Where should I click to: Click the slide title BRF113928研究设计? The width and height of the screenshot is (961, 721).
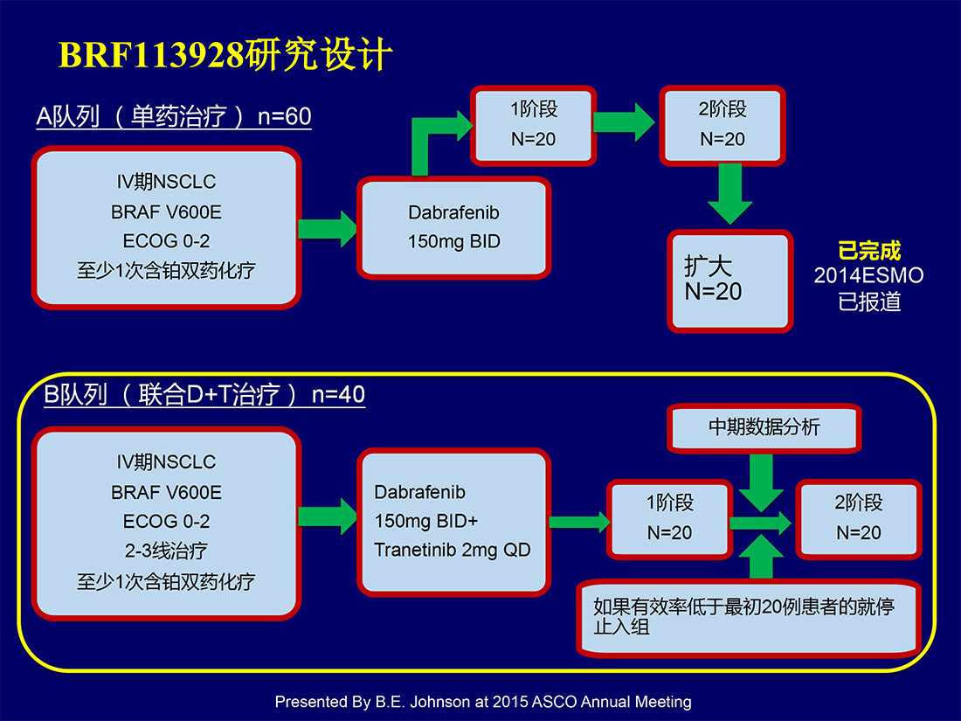tap(225, 54)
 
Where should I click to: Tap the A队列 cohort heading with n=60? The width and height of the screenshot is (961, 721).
tap(174, 116)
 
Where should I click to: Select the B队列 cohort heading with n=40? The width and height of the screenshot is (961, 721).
tap(204, 394)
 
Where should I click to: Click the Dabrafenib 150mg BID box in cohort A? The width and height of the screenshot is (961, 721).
tap(453, 227)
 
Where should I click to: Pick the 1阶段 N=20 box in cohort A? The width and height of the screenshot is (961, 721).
tap(533, 125)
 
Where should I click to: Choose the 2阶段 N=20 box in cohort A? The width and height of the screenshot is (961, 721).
tap(722, 125)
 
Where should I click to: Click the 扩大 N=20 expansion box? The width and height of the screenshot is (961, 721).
tap(730, 281)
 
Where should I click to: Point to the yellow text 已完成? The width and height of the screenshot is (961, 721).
tap(869, 251)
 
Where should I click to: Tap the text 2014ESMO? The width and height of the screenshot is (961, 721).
tap(868, 275)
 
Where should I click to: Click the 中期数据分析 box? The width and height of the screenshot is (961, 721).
tap(764, 428)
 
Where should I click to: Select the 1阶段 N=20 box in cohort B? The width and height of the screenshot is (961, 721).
tap(669, 518)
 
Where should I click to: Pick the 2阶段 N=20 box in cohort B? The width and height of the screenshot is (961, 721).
tap(858, 518)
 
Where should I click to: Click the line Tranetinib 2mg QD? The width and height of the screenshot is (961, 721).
tap(453, 550)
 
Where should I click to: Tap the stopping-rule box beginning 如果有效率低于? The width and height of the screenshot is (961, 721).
tap(749, 617)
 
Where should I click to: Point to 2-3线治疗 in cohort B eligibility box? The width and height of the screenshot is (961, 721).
tap(166, 551)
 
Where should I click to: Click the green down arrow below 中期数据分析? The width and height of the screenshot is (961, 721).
tap(761, 483)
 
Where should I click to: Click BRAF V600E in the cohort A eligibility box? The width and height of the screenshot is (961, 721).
tap(166, 212)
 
